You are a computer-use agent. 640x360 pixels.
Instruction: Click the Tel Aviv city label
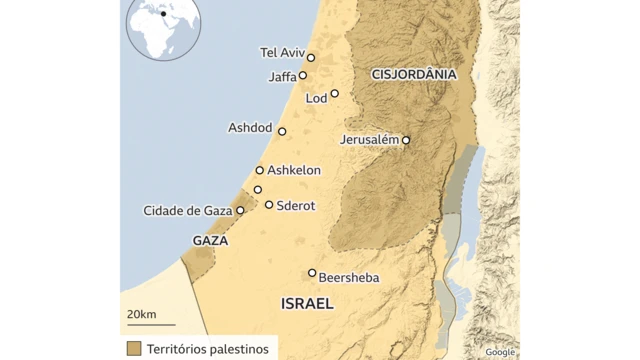(x=280, y=53)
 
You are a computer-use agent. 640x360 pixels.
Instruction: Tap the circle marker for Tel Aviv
(x=311, y=58)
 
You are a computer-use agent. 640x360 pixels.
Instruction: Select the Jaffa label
(x=283, y=76)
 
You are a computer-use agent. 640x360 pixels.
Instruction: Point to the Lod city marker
(x=335, y=94)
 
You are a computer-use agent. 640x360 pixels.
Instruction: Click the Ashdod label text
(x=249, y=128)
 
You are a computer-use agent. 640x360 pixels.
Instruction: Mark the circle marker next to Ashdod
(x=282, y=131)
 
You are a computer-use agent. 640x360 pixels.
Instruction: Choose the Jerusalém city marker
(x=406, y=141)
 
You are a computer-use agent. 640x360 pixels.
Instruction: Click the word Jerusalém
(x=369, y=139)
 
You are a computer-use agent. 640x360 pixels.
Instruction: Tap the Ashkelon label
(x=294, y=170)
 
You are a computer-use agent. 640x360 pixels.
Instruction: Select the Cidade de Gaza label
(x=187, y=210)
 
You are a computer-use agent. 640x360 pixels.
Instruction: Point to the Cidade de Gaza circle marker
(x=240, y=210)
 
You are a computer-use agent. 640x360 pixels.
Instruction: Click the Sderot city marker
(x=269, y=204)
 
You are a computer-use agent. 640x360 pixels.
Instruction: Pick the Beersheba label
(x=349, y=279)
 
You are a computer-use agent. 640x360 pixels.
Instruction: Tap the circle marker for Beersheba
(x=312, y=273)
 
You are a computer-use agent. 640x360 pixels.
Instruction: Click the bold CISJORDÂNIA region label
(x=413, y=74)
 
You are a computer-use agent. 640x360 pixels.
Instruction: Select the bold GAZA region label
(x=210, y=241)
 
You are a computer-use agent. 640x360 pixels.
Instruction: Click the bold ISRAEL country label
(x=306, y=304)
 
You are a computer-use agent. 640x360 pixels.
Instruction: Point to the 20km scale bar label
(x=141, y=315)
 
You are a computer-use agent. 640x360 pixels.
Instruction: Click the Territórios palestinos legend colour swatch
(x=133, y=349)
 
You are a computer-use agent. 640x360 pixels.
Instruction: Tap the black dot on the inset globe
(x=163, y=15)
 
